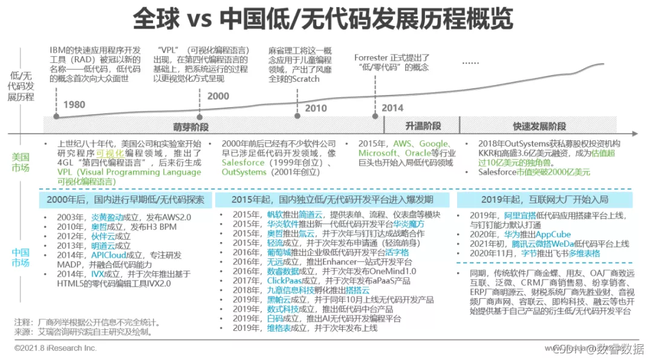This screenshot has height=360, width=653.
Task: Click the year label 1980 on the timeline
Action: [x=73, y=104]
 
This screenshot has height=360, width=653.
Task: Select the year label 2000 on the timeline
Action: [x=218, y=96]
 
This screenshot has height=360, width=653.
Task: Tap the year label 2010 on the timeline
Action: [x=316, y=109]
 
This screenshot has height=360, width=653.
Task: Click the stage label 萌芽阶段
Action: [x=190, y=126]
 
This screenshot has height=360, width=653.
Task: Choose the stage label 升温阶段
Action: [x=423, y=126]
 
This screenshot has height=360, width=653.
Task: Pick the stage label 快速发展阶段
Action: [x=539, y=126]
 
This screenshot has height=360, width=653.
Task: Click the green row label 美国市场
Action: [x=21, y=162]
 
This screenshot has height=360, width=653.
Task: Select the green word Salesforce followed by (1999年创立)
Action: [x=243, y=163]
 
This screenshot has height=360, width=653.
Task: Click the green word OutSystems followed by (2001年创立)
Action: [x=244, y=172]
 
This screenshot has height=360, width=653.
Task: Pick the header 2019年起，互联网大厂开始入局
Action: [x=544, y=199]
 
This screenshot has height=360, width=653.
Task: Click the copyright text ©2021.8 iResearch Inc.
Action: [x=56, y=348]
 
